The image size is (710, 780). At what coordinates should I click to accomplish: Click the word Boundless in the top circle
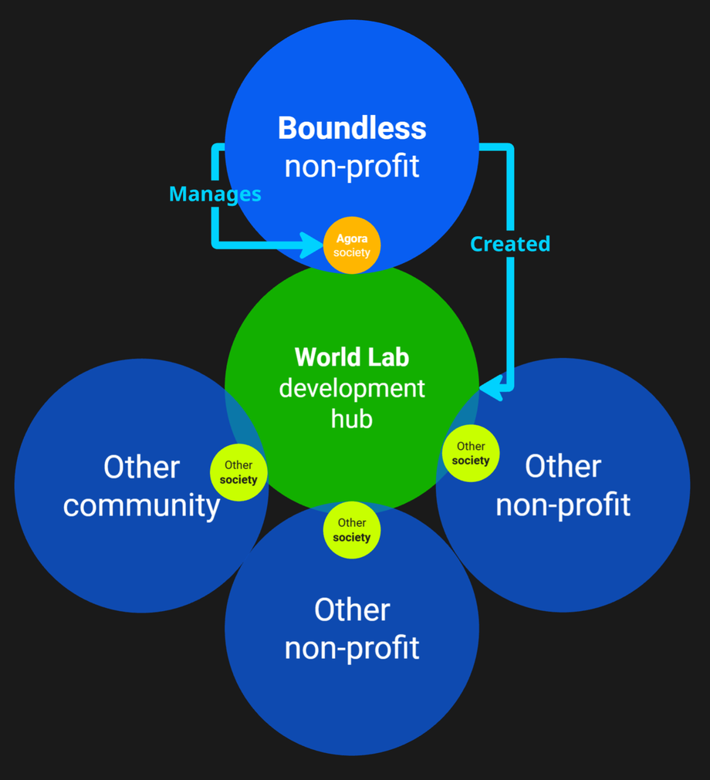click(352, 128)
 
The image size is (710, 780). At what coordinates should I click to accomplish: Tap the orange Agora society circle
click(352, 245)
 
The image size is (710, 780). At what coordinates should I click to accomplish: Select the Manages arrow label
click(215, 194)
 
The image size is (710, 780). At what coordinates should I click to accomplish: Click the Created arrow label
click(510, 244)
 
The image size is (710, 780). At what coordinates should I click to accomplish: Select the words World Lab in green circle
click(352, 357)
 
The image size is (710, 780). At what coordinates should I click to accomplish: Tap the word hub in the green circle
click(352, 419)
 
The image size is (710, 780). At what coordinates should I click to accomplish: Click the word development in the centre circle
click(352, 388)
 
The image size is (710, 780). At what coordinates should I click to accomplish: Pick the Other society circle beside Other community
click(238, 472)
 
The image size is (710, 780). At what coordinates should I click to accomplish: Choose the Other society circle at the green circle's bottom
click(352, 530)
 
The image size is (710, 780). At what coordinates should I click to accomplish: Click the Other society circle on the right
click(471, 453)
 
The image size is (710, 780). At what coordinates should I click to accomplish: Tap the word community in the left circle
click(141, 505)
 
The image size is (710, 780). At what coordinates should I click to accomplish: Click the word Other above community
click(141, 468)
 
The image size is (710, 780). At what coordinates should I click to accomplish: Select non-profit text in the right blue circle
click(563, 505)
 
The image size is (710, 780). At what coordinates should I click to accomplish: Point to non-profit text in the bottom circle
click(352, 648)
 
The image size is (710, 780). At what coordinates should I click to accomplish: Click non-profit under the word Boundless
click(352, 166)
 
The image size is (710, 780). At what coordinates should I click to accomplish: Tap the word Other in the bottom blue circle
click(352, 610)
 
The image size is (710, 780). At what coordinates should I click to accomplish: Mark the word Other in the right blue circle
click(563, 467)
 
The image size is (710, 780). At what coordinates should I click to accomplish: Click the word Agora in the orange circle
click(352, 239)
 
